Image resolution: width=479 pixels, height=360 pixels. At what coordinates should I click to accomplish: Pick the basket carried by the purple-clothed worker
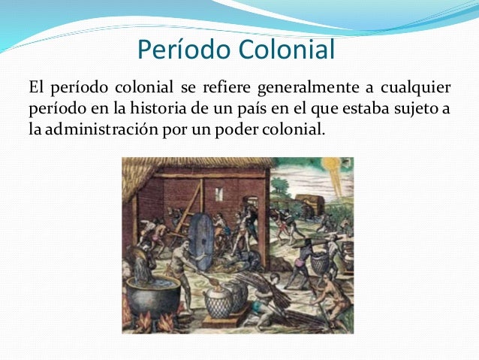tap(321, 262)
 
